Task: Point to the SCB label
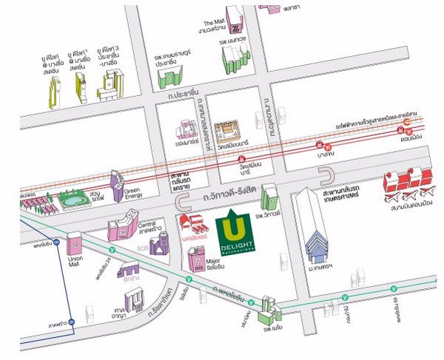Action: pos(142,248)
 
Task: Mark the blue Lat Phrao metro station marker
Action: pos(72,322)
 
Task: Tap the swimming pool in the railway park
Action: pos(71,200)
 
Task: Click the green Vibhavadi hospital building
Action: pos(269,197)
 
